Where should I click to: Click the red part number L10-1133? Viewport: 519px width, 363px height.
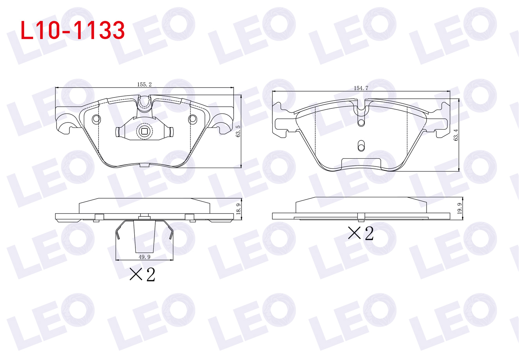[73, 30]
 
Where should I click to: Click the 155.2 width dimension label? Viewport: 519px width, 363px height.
[144, 85]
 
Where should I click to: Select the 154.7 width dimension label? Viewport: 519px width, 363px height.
[361, 88]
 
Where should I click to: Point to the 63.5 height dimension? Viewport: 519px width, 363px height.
[238, 131]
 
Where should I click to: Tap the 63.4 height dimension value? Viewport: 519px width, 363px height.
[456, 135]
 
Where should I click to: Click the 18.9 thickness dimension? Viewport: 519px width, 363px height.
[238, 209]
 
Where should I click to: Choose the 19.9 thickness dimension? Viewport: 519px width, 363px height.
[460, 208]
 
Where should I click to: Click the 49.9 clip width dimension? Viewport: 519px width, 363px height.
[144, 257]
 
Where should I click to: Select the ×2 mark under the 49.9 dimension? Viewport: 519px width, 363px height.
[142, 274]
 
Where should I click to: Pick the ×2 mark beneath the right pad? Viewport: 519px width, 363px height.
[361, 233]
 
